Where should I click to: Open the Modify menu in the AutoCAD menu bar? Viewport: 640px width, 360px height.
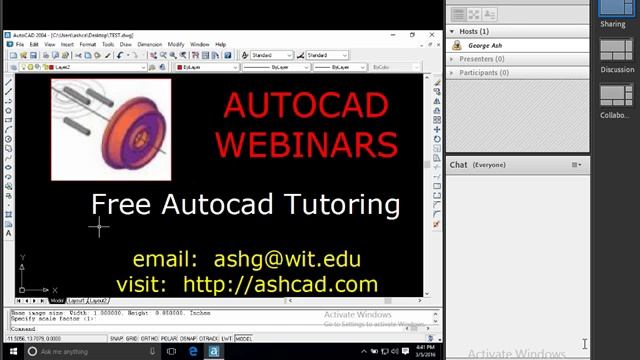pos(176,45)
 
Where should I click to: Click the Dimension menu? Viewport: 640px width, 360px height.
pos(149,45)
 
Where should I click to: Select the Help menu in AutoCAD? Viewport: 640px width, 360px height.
pos(220,45)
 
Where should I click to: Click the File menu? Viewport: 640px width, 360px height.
pos(19,45)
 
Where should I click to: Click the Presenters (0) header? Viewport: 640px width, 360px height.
pos(481,59)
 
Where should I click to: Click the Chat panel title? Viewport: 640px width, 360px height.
pos(459,164)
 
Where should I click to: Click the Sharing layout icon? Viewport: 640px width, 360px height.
pos(613,9)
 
